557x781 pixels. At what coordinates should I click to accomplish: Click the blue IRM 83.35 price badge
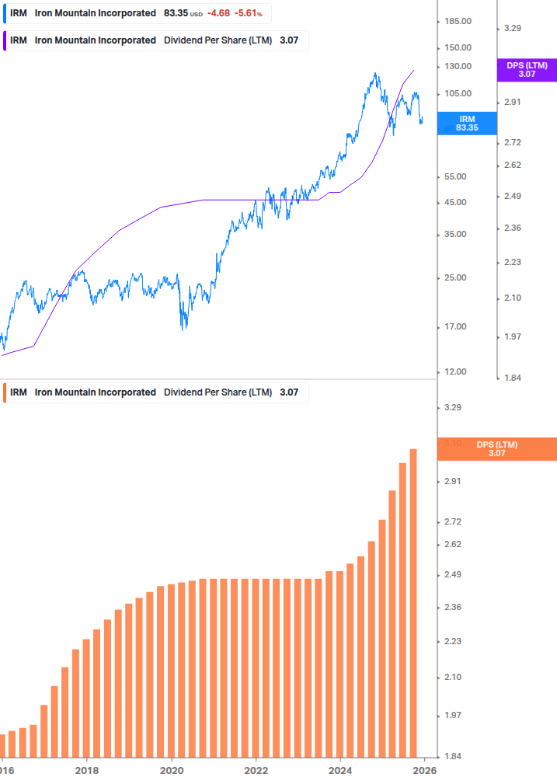[x=467, y=124]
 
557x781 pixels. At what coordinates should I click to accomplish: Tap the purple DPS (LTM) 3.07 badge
[x=527, y=70]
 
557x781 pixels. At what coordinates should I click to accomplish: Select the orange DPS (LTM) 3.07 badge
[x=497, y=448]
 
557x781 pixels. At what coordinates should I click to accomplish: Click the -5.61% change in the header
[x=249, y=14]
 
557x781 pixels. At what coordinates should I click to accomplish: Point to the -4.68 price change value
[x=219, y=14]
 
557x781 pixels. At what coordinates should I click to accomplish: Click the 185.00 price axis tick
[x=457, y=23]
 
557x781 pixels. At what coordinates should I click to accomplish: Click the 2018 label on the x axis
[x=87, y=771]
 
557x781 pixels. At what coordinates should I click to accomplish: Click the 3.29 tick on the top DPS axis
[x=512, y=28]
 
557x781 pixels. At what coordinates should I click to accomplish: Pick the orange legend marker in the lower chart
[x=4, y=392]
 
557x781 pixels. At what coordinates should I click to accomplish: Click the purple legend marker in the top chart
[x=4, y=40]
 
